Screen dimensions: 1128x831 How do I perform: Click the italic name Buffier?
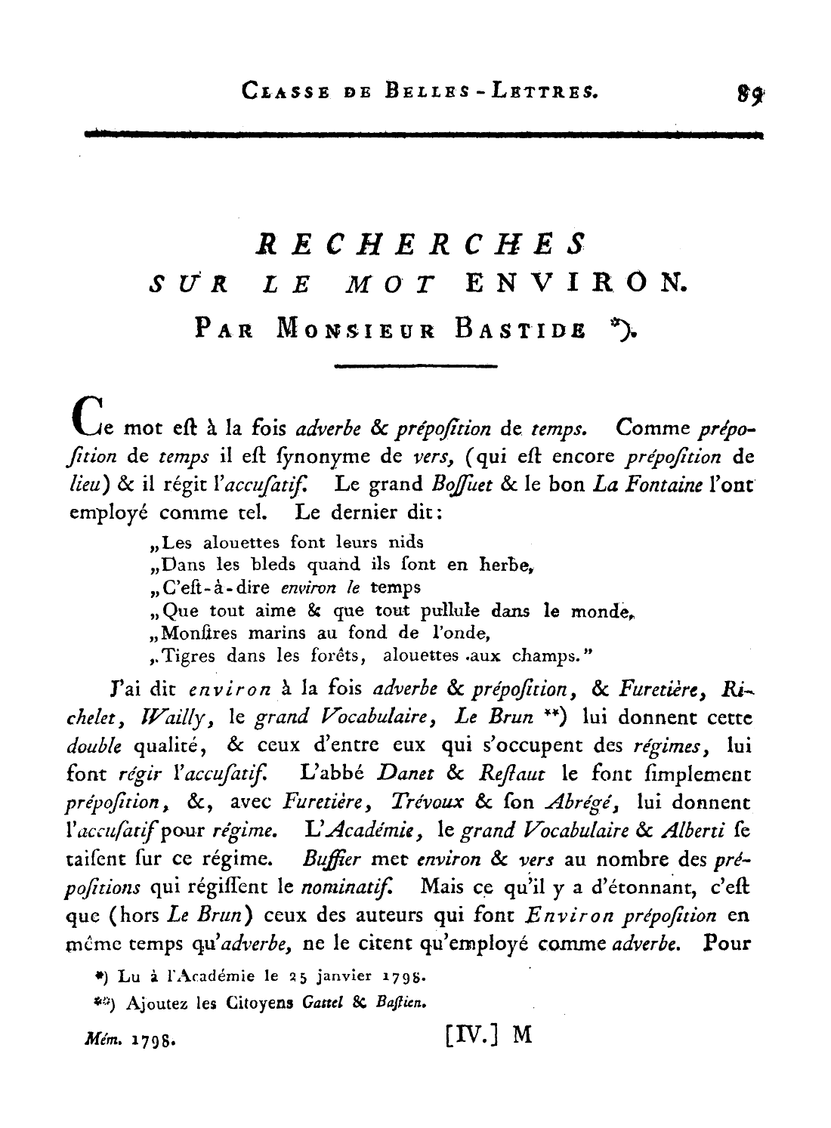pos(327,858)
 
